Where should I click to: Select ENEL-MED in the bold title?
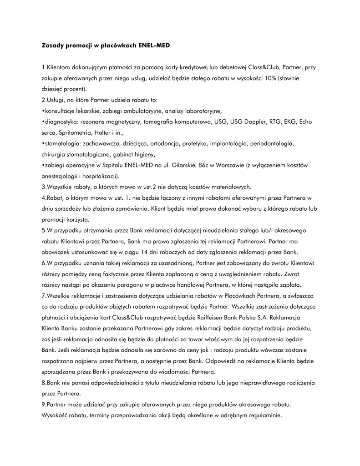click(x=154, y=46)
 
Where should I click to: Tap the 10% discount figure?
click(x=270, y=78)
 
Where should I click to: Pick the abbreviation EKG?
click(x=292, y=122)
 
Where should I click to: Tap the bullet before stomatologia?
click(x=42, y=144)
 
